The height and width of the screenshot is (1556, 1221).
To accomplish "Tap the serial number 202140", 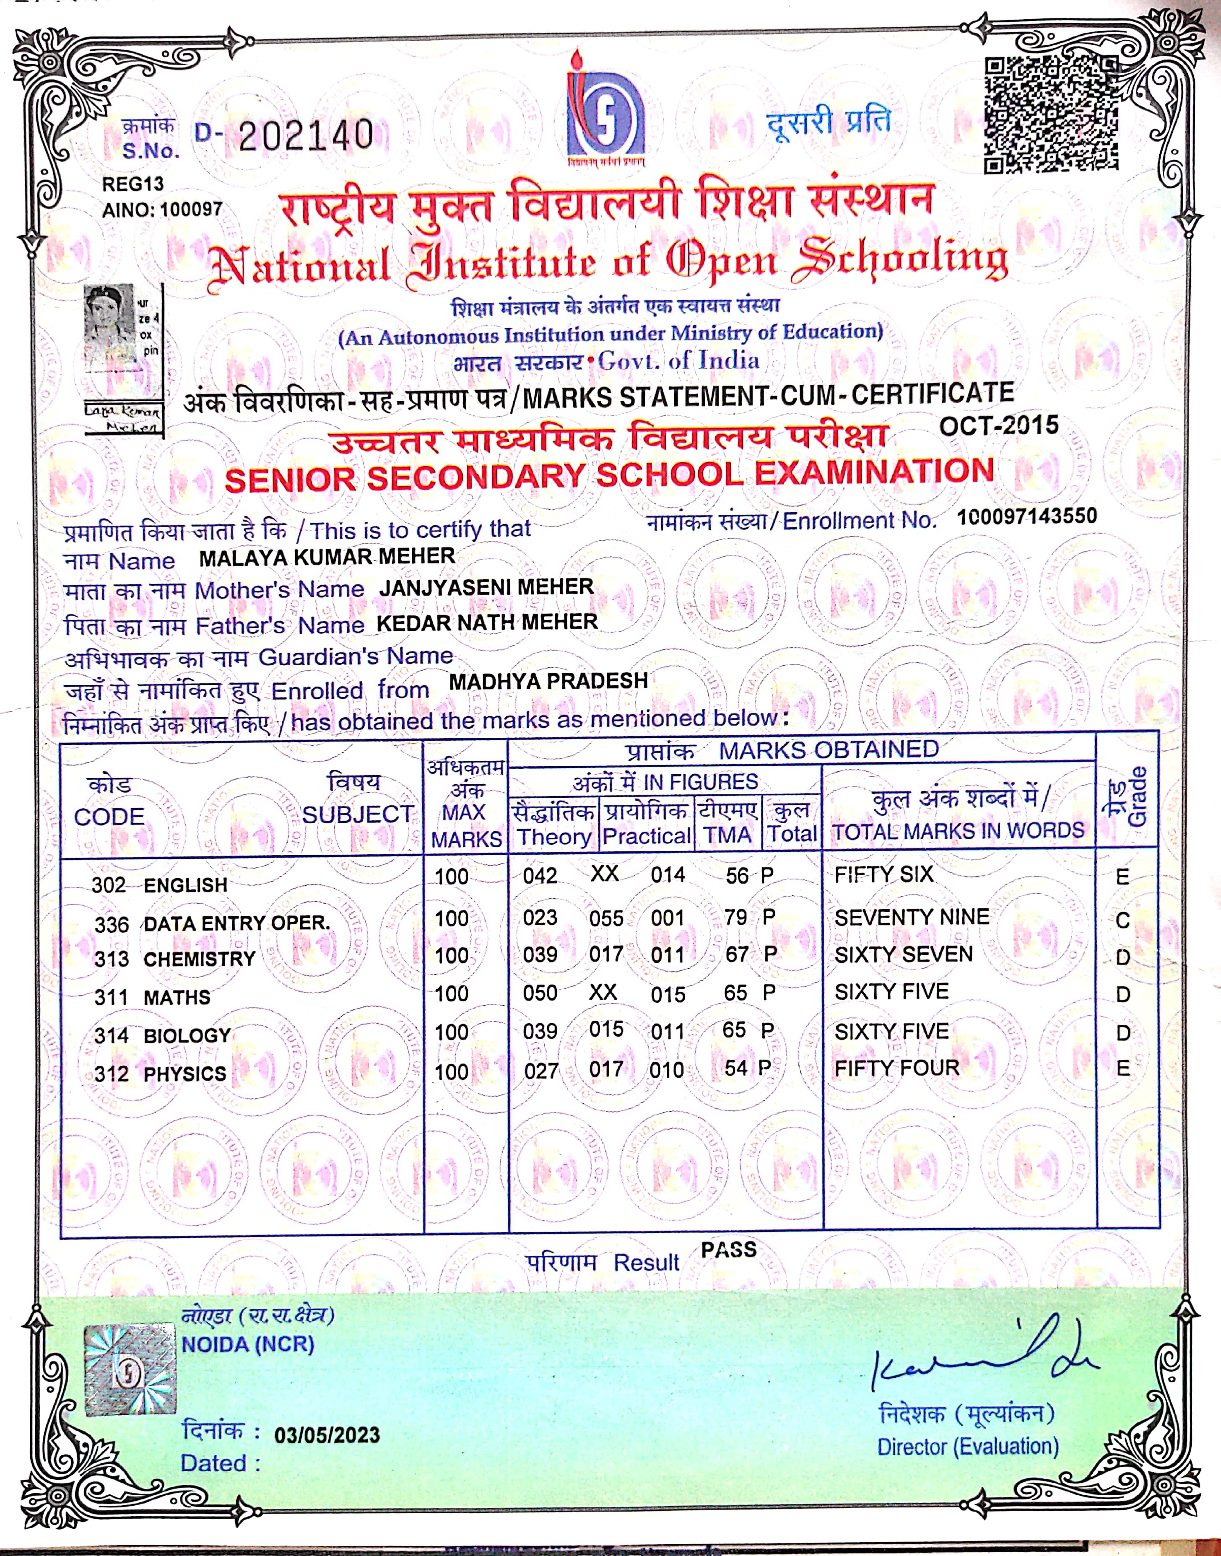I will coord(306,135).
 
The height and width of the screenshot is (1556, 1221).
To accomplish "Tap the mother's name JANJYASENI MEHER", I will coord(486,588).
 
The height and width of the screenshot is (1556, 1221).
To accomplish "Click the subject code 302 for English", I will coord(109,885).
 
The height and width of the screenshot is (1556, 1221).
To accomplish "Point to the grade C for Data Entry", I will coord(1123,920).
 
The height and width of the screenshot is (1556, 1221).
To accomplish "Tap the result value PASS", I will coord(728,1250).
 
